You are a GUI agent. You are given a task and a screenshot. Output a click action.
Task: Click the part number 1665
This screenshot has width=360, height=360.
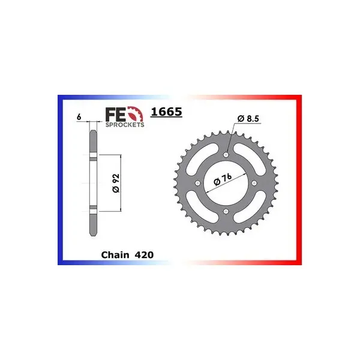166,112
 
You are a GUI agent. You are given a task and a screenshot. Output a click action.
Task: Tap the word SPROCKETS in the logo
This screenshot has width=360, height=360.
125,125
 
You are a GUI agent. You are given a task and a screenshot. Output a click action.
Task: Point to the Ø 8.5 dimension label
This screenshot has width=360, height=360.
248,118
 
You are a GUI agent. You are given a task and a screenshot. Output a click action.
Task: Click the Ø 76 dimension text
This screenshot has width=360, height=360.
223,179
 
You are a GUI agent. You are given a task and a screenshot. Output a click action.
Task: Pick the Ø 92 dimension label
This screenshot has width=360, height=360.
116,183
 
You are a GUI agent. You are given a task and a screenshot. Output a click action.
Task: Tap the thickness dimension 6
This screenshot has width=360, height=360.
79,117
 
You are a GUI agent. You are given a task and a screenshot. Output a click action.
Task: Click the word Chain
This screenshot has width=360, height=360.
115,255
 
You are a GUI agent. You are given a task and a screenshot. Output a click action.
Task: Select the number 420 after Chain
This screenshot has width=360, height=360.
144,255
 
